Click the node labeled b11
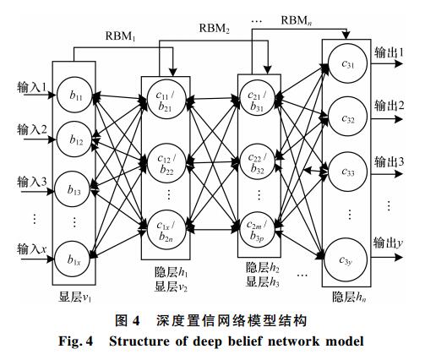tap(74, 95)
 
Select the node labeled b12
tap(74, 139)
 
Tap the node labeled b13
tap(74, 189)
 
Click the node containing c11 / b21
tap(166, 100)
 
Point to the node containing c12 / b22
tap(166, 163)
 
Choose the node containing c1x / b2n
tap(166, 230)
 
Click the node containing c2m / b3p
tap(257, 229)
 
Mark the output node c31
tap(347, 63)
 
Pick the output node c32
tap(348, 117)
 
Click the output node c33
tap(348, 172)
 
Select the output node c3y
tap(346, 259)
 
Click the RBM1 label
tap(120, 36)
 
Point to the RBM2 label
tap(215, 28)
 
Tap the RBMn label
tap(297, 20)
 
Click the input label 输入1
tap(31, 87)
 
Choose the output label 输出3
tap(389, 162)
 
